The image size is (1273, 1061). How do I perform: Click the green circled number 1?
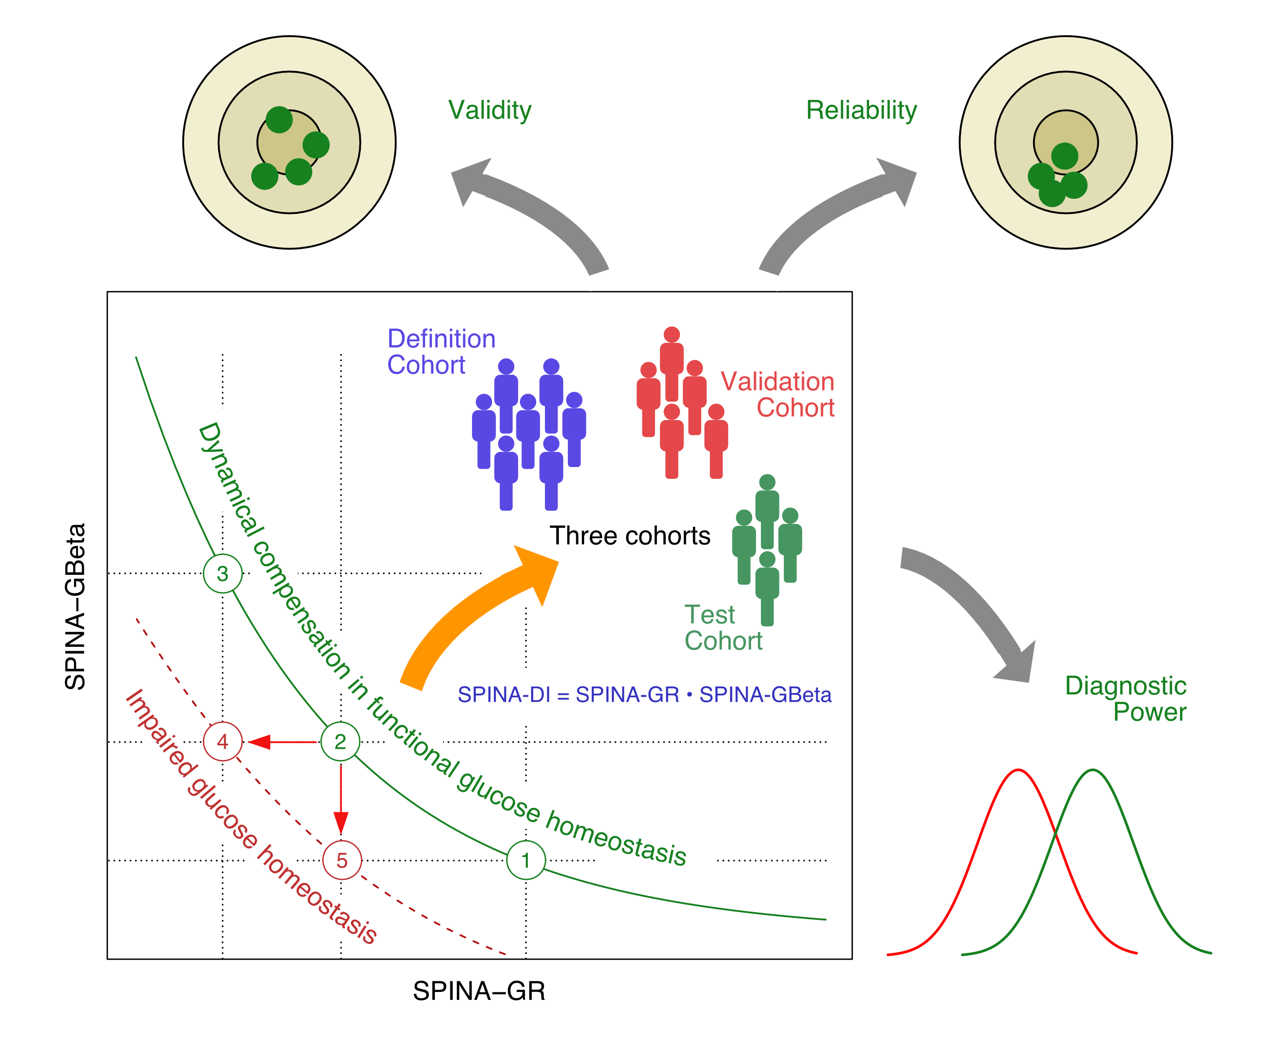(525, 860)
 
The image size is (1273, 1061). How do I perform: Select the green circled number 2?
(340, 741)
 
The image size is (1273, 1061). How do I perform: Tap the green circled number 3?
(222, 573)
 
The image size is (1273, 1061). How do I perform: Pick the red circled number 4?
(222, 741)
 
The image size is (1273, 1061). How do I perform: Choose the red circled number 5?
(342, 860)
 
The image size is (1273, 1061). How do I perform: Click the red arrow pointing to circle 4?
(282, 741)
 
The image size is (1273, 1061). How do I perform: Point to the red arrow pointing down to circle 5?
(341, 801)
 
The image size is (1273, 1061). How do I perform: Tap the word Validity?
(490, 110)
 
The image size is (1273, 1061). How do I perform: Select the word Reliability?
(861, 110)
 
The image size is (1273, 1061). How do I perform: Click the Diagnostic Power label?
(1126, 699)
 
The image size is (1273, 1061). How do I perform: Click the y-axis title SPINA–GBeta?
(75, 606)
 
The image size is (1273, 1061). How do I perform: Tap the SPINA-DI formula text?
(644, 694)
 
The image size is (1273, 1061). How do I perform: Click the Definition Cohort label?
(441, 352)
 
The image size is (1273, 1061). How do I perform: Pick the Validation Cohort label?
(778, 395)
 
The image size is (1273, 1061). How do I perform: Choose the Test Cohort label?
(723, 628)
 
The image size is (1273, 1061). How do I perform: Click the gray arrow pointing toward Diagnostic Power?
(970, 613)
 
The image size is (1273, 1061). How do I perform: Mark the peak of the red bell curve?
(1018, 770)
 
